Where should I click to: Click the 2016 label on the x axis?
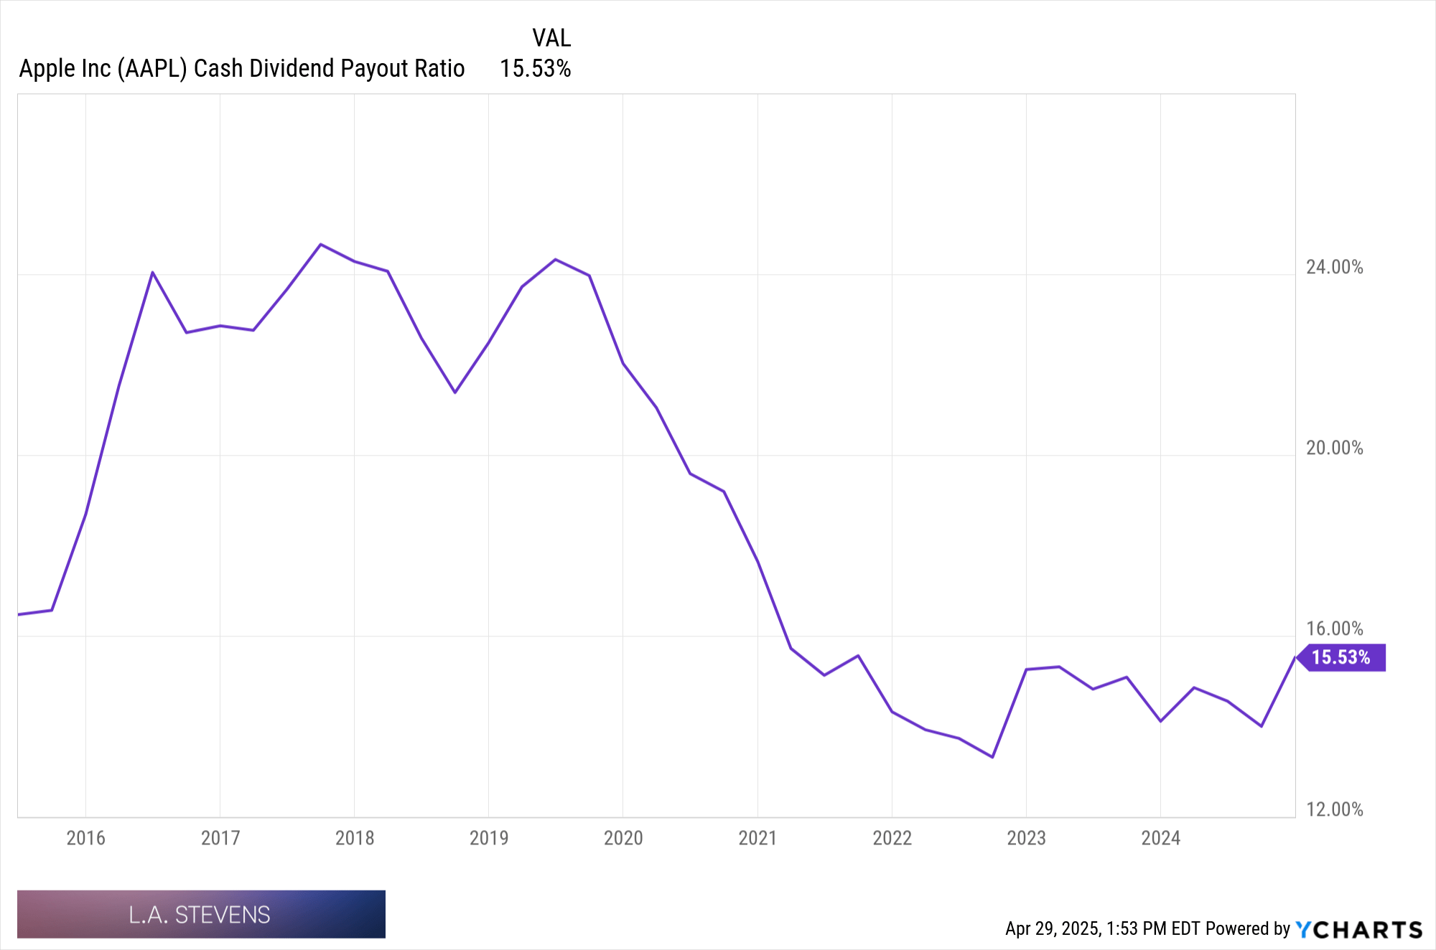tap(85, 838)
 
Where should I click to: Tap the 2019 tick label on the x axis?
tap(488, 838)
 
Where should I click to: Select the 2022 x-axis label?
tap(892, 838)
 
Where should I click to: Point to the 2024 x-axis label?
tap(1160, 838)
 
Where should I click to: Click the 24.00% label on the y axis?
tap(1334, 267)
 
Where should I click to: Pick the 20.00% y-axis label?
tap(1334, 448)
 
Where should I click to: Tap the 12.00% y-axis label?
tap(1334, 809)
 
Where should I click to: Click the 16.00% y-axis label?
tap(1334, 629)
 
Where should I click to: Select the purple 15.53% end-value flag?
tap(1341, 657)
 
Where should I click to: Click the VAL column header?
tap(551, 37)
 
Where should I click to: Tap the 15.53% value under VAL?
tap(535, 68)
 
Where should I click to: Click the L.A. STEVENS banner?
tap(201, 914)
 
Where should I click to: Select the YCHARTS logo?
tap(1358, 929)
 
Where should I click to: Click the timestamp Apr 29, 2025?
tap(1053, 928)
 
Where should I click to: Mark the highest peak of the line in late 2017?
tap(320, 245)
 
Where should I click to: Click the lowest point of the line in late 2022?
tap(992, 757)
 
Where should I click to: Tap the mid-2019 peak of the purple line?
tap(555, 259)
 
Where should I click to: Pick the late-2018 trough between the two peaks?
tap(454, 392)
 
